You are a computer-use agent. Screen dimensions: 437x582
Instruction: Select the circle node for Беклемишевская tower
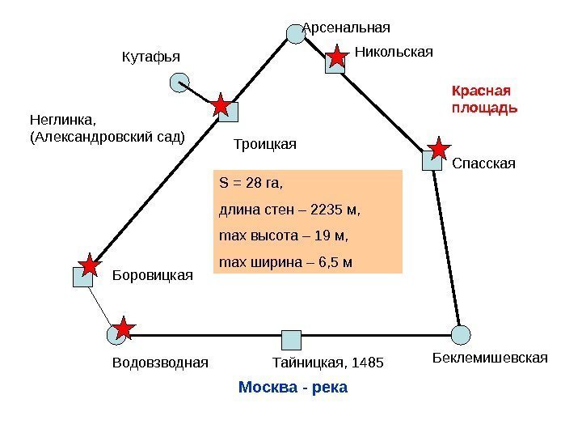pos(461,333)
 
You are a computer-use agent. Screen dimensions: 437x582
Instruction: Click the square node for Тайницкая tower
pos(290,340)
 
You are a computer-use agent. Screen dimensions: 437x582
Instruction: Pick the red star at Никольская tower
pos(336,57)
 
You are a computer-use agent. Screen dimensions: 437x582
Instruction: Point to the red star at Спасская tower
pos(439,149)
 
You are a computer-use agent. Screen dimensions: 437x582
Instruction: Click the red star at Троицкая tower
pos(220,106)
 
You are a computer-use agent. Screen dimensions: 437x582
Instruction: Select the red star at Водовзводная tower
pos(123,328)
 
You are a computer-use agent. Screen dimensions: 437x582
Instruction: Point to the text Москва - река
pos(293,388)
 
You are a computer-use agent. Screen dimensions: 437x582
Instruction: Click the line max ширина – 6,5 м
pos(285,263)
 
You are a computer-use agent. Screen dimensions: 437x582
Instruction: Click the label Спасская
pos(483,164)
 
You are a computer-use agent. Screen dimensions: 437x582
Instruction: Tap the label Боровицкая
pos(152,274)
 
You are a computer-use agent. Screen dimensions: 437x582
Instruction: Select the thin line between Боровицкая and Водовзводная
pos(99,305)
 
